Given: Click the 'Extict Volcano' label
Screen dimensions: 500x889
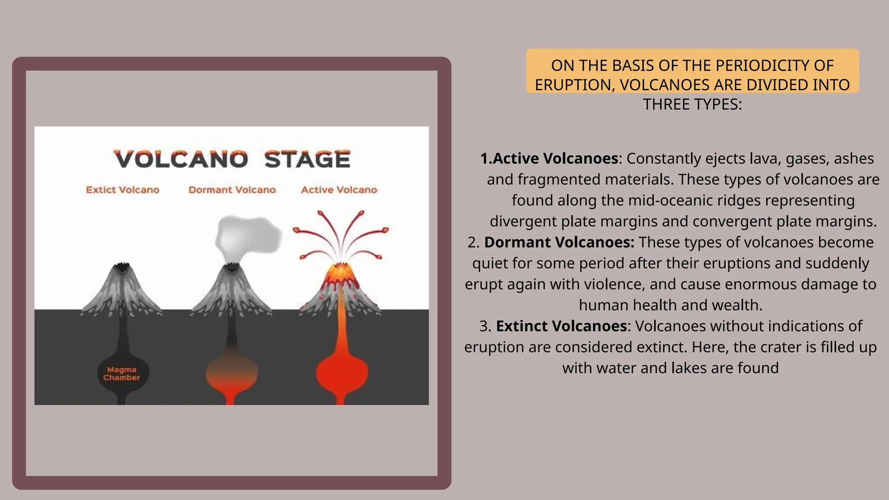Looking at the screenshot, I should (x=122, y=190).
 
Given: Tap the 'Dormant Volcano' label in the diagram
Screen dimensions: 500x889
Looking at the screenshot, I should (x=232, y=190).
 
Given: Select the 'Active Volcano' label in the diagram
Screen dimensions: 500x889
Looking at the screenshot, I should (x=339, y=190).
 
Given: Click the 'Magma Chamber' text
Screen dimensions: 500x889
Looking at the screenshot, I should (x=122, y=374).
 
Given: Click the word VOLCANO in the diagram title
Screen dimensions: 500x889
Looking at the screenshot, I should (x=181, y=159).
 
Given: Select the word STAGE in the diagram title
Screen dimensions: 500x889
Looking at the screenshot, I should (x=307, y=159).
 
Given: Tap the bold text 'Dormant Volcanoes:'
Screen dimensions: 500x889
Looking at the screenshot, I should (x=559, y=242).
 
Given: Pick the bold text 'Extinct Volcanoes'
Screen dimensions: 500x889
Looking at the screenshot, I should (x=561, y=326).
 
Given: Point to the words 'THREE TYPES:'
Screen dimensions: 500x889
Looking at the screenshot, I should (x=692, y=104).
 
